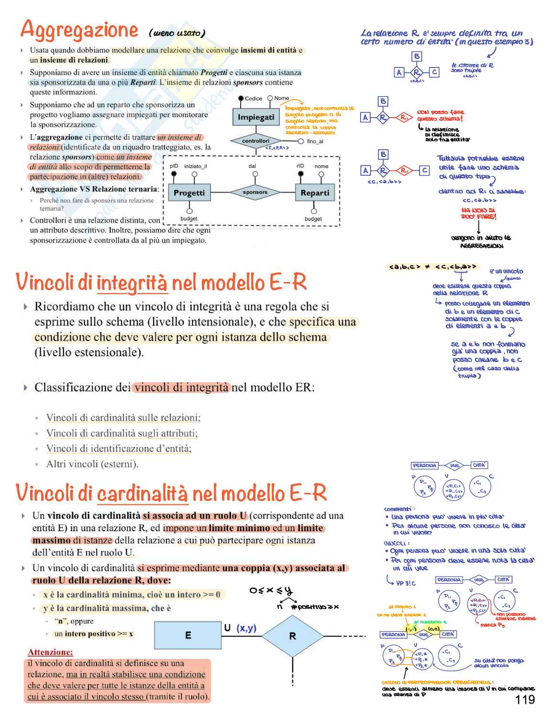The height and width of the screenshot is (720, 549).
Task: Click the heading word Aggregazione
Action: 79,30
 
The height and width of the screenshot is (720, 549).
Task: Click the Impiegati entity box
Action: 256,117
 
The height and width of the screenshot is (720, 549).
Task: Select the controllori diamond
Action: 256,141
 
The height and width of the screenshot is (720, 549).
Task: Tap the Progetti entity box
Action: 189,193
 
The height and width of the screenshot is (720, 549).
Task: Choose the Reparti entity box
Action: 314,193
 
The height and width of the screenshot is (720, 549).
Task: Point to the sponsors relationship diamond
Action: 255,192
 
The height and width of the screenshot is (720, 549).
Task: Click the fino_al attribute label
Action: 315,142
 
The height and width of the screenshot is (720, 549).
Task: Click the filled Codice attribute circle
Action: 241,98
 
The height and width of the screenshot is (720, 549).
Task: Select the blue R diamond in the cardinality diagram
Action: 293,636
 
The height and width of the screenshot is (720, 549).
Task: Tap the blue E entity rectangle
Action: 188,635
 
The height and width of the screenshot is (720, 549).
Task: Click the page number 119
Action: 525,700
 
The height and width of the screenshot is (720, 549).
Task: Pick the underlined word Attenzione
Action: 50,652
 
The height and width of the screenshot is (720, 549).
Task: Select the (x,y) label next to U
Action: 246,628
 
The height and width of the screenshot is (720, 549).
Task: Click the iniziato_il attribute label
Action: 196,166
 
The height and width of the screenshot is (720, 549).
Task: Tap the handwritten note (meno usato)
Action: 177,33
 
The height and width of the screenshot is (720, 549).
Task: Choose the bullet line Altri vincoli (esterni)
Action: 92,464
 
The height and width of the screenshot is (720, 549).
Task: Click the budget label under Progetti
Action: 189,218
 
